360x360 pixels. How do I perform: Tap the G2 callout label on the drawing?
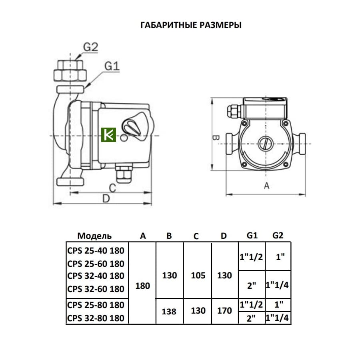(x=90, y=47)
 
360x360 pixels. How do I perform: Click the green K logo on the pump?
(x=108, y=135)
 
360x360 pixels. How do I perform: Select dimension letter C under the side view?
(x=112, y=188)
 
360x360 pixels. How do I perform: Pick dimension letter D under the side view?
(x=106, y=198)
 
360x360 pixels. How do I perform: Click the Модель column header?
(x=94, y=236)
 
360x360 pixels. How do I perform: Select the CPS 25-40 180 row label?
(x=96, y=251)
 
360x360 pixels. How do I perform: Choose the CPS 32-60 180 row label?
(x=96, y=288)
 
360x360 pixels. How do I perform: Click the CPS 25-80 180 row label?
(x=96, y=305)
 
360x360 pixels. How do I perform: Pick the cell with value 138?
(x=169, y=311)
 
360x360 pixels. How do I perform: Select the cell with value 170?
(x=224, y=311)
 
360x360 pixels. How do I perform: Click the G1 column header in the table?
(x=252, y=235)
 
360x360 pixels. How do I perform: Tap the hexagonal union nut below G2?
(x=70, y=74)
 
